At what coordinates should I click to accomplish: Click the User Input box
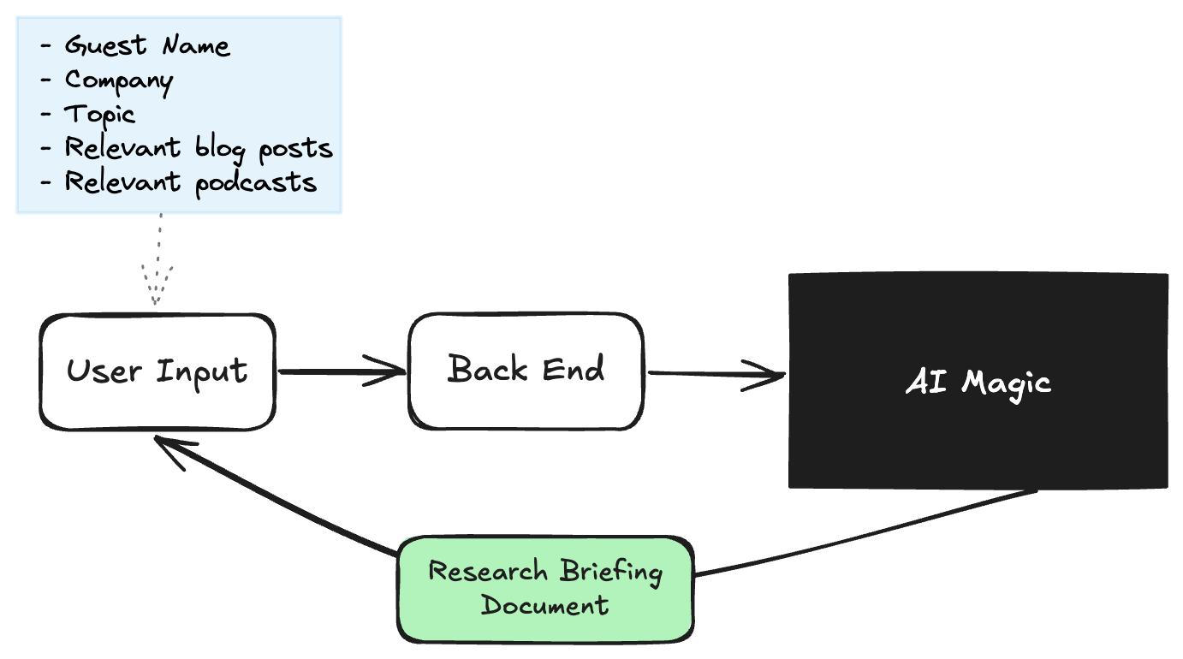click(x=158, y=371)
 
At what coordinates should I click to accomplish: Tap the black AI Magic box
click(x=978, y=381)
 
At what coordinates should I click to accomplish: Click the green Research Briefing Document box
click(x=545, y=589)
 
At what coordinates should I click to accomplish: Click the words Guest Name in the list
click(x=147, y=45)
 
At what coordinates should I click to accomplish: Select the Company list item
click(x=119, y=80)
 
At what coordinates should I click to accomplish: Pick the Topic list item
click(x=100, y=114)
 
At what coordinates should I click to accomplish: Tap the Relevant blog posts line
click(x=199, y=148)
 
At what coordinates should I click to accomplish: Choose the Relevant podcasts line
click(x=191, y=182)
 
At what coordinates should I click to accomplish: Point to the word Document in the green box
click(x=544, y=606)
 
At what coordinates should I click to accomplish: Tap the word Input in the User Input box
click(x=202, y=372)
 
